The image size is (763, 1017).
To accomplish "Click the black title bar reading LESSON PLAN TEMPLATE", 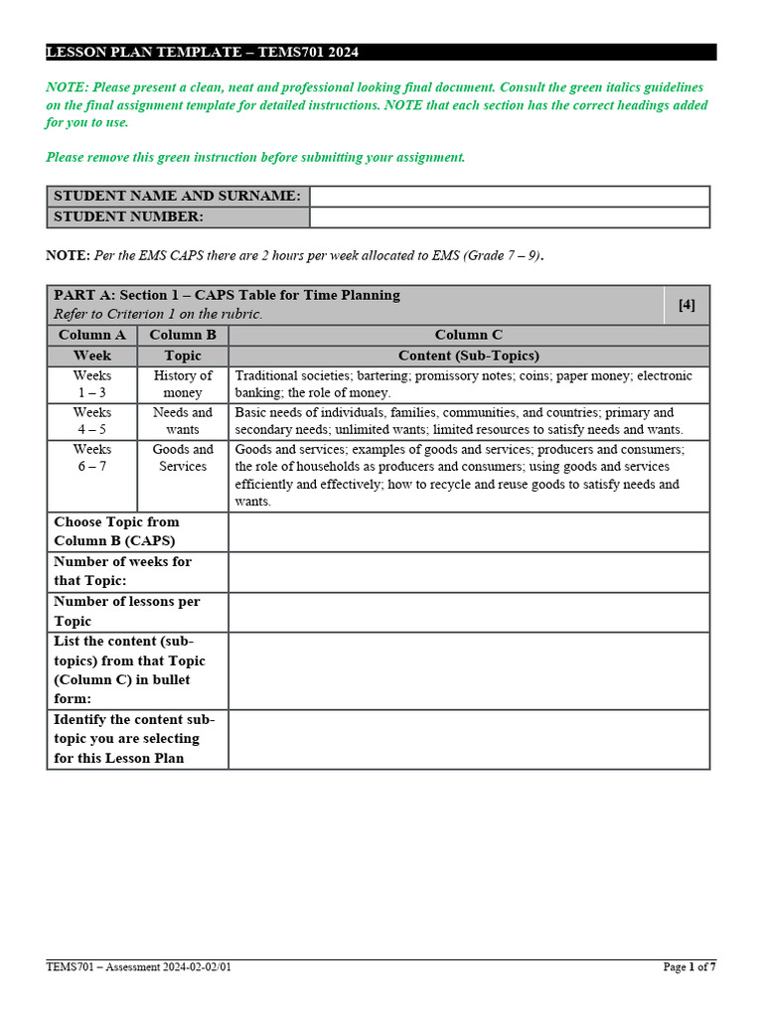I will pos(381,52).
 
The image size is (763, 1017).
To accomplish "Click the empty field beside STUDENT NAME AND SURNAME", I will pos(510,196).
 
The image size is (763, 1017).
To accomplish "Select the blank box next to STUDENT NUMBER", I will pos(510,217).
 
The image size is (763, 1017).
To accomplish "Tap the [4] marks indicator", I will pos(687,305).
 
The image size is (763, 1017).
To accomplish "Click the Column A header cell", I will pos(92,335).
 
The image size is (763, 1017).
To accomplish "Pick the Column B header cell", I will pos(183,335).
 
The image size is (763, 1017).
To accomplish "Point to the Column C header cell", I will pos(469,335).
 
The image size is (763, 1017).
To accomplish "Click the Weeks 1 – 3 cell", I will pos(92,384).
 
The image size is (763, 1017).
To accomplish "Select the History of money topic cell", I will pos(183,384).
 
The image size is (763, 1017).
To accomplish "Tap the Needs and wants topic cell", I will pos(183,421).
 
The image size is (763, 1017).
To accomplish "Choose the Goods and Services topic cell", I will pos(183,458).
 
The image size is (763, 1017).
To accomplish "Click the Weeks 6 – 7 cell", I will pos(92,458).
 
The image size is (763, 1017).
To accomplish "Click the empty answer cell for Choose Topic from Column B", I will pos(469,532).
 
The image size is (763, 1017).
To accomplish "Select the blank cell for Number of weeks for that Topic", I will pos(469,572).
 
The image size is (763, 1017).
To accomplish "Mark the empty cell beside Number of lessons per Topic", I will pos(469,612).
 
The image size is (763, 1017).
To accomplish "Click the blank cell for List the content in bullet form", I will pos(469,670).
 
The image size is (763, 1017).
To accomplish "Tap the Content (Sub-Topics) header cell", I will pos(469,356).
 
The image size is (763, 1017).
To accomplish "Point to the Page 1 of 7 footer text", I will pos(688,967).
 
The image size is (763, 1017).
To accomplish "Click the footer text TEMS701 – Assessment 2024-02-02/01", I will pos(140,967).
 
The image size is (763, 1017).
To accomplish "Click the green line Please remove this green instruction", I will pos(255,157).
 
